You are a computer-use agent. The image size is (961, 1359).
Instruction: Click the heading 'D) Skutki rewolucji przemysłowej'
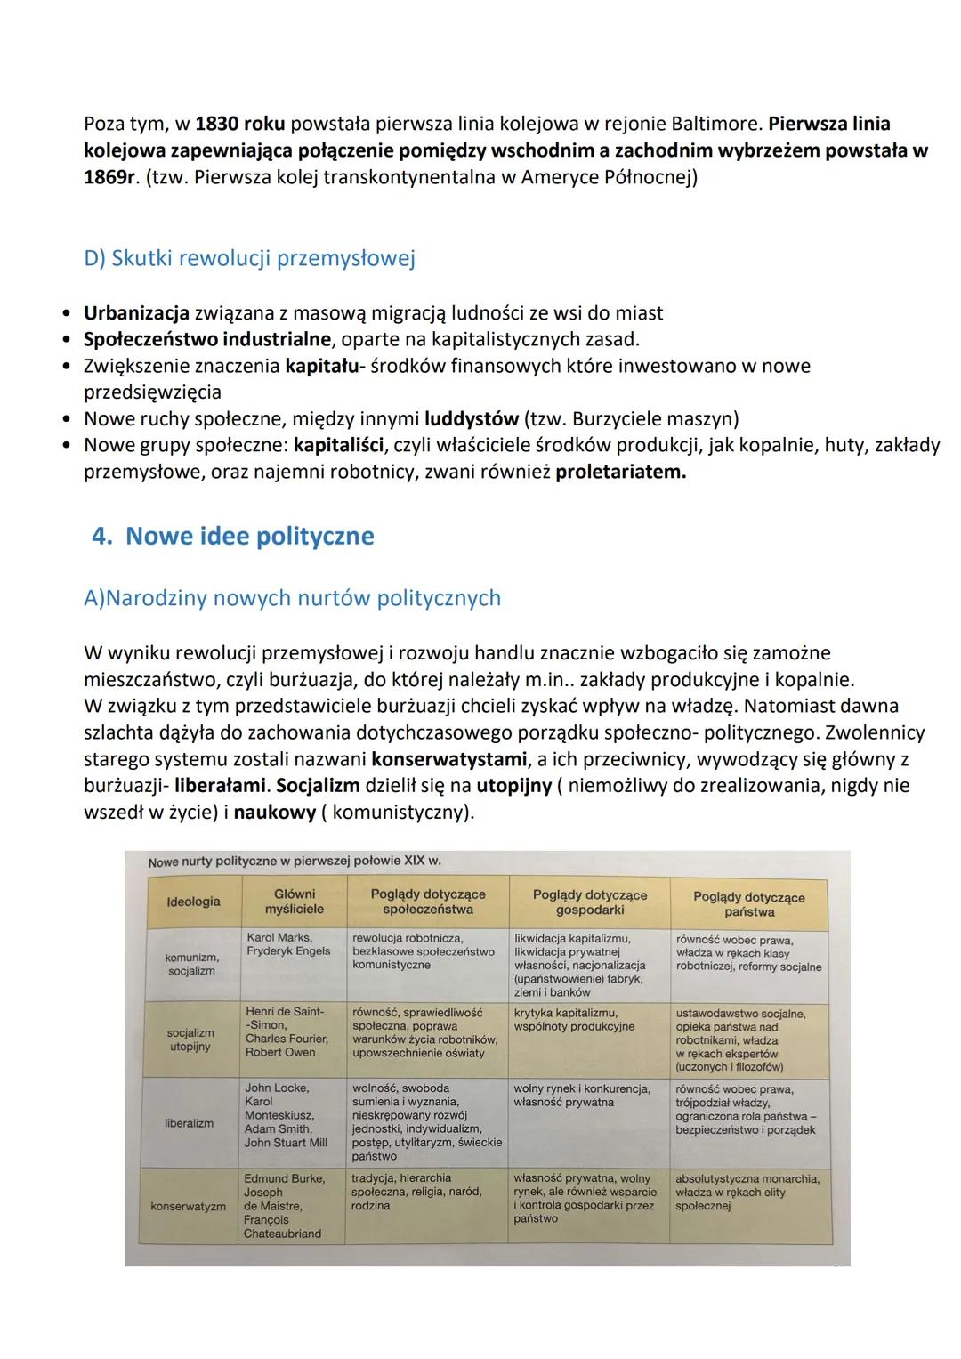tap(249, 258)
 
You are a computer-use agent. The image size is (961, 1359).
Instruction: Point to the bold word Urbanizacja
tap(136, 313)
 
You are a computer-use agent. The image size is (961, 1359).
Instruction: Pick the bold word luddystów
tap(471, 418)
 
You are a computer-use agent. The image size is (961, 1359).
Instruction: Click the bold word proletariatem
tap(620, 472)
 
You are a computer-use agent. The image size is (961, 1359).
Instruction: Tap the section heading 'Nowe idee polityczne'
tap(249, 536)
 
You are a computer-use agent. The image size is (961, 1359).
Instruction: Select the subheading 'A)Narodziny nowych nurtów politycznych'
tap(292, 598)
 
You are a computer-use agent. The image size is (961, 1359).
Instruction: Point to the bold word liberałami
tap(220, 787)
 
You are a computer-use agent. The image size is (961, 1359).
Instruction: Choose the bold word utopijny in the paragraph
tap(513, 787)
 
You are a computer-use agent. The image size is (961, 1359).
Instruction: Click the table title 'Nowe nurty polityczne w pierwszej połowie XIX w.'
tap(295, 862)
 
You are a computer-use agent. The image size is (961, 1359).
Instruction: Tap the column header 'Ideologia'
tap(193, 902)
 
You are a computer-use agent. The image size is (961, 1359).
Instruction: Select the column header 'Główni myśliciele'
tap(294, 902)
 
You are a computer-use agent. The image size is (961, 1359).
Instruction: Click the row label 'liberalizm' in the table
tap(189, 1123)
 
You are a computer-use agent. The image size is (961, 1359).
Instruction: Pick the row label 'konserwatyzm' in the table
tap(188, 1207)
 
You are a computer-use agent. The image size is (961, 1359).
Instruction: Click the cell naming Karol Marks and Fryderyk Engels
tap(287, 944)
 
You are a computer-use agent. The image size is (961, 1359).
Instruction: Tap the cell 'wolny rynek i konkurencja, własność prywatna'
tap(581, 1096)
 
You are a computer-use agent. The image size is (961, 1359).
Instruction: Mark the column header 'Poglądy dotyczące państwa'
tap(748, 904)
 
